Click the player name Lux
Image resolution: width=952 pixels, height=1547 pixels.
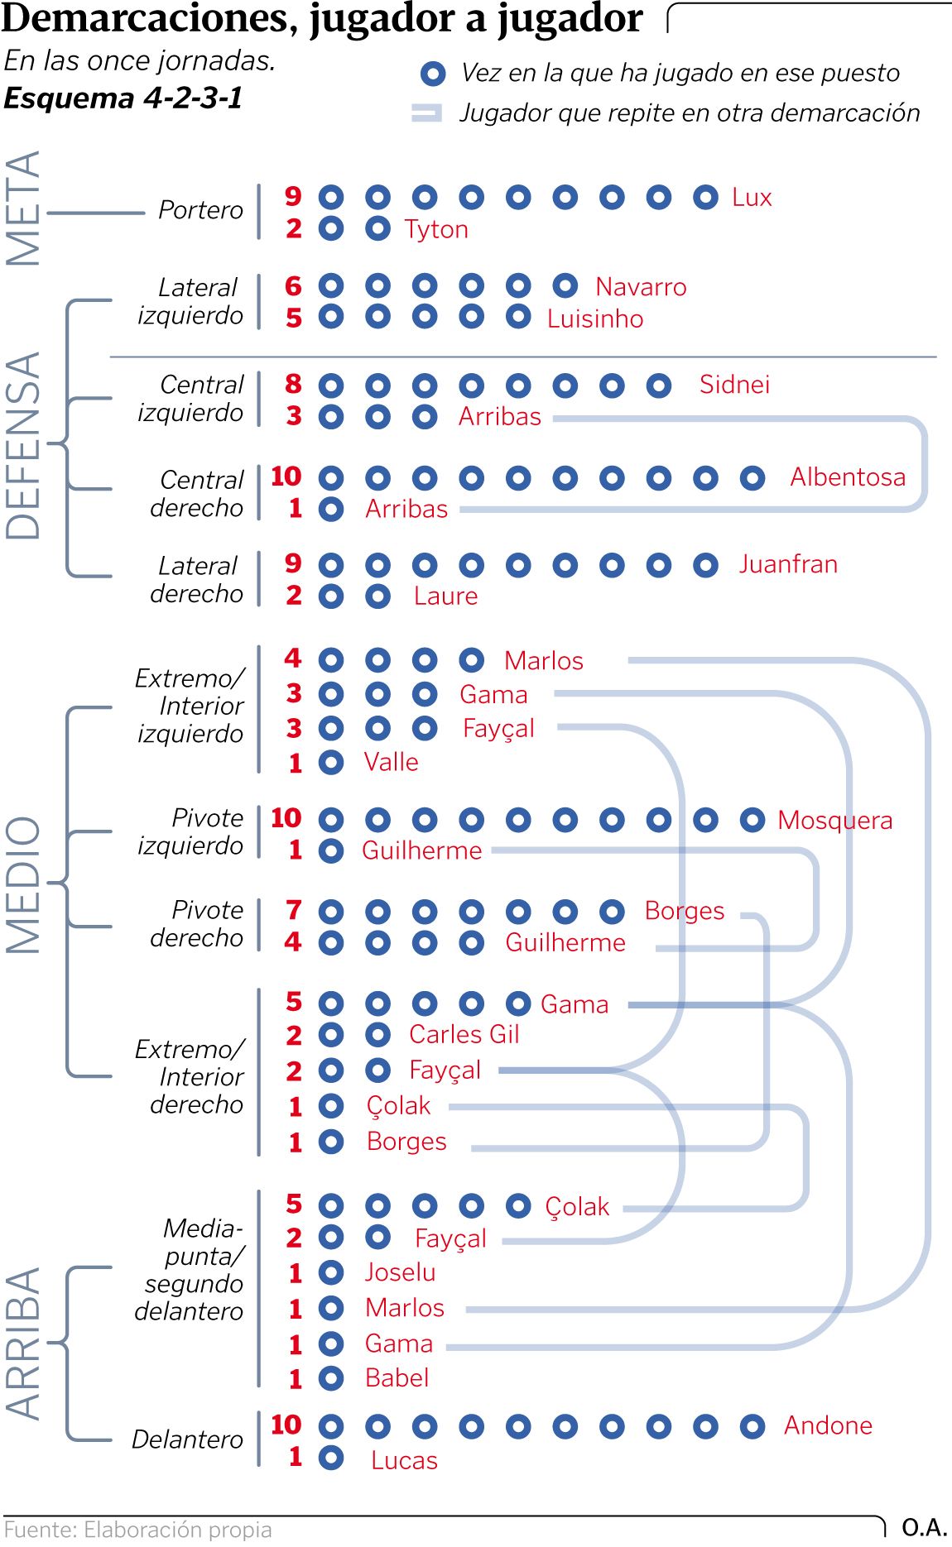(752, 198)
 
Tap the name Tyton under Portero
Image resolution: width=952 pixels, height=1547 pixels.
(436, 229)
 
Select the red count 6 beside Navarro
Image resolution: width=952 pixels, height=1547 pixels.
(293, 286)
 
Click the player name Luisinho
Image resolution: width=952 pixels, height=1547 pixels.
(594, 318)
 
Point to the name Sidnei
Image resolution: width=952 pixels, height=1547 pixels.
(734, 385)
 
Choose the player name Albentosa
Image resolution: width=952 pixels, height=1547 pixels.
(847, 477)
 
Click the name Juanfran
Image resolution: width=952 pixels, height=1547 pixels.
(788, 564)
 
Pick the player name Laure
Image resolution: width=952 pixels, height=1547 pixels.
(445, 596)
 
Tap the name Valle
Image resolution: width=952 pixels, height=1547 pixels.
(391, 762)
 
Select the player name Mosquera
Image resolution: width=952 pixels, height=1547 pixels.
(834, 821)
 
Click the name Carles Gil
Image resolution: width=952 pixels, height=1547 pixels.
(464, 1034)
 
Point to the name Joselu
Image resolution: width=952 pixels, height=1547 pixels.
(400, 1272)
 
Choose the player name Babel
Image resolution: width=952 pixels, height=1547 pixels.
(397, 1378)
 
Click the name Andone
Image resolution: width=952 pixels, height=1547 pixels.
(828, 1425)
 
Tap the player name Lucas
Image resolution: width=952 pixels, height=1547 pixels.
(404, 1461)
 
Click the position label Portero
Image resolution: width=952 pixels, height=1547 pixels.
(200, 210)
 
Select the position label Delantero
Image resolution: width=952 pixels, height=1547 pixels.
(187, 1439)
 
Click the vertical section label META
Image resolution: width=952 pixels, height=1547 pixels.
(23, 208)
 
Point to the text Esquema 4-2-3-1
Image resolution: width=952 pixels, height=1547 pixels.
(123, 98)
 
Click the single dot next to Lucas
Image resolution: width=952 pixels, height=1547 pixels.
(331, 1458)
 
